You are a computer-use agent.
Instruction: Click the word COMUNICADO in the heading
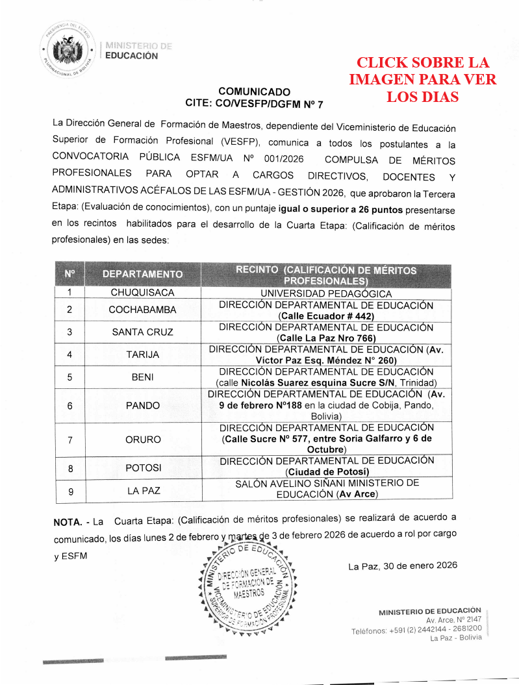click(x=254, y=92)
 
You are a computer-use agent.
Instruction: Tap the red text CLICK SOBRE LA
click(x=422, y=63)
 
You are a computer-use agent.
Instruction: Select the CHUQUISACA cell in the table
click(x=142, y=292)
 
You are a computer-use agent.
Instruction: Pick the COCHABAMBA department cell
click(x=142, y=310)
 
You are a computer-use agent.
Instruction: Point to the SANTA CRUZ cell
click(x=142, y=332)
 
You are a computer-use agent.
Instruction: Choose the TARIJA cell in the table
click(x=142, y=355)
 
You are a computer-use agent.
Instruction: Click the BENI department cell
click(x=142, y=377)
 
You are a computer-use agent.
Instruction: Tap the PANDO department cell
click(x=142, y=406)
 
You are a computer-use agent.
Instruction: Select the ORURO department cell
click(x=142, y=440)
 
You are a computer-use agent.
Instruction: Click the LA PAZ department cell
click(x=142, y=490)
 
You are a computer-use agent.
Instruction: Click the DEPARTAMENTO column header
click(x=142, y=274)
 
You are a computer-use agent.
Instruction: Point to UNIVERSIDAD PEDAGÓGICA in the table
click(x=326, y=293)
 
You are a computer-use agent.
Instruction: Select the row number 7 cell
click(x=69, y=440)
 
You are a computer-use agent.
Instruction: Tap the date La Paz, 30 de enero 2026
click(x=402, y=566)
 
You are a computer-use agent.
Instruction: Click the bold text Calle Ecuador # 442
click(x=326, y=316)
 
